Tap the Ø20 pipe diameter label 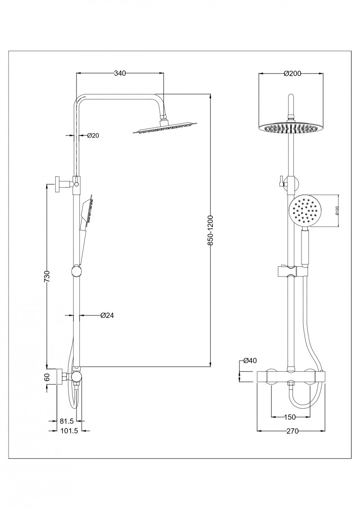(93, 135)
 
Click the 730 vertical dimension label (46, 277)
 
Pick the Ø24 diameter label (107, 316)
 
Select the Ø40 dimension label (250, 361)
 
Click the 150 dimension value (291, 417)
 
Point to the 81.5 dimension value (67, 421)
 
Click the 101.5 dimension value (68, 431)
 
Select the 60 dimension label (47, 377)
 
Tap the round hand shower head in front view (306, 211)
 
